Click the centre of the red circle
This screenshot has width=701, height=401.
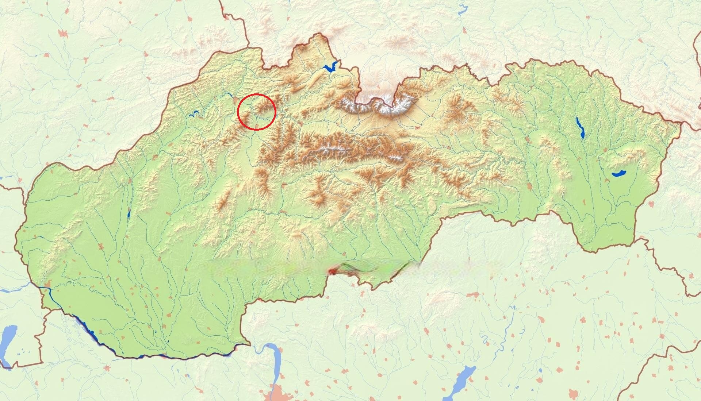tap(256, 112)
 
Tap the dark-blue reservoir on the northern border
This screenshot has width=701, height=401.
tap(330, 67)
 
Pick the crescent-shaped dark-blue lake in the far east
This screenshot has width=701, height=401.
tap(619, 174)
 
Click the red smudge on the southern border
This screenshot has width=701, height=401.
tap(333, 271)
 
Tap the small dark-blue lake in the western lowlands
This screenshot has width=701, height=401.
tap(129, 214)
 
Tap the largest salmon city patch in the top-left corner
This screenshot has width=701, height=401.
tap(64, 34)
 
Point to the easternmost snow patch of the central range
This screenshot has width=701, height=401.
tap(396, 157)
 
